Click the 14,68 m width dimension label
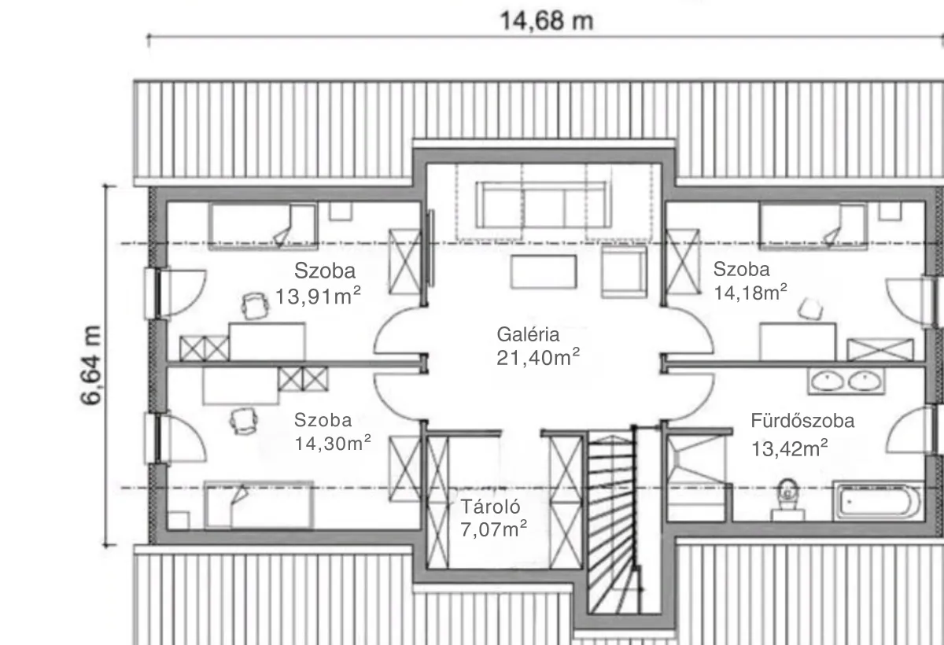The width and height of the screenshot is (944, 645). coord(547,21)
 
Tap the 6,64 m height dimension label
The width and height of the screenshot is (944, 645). coord(91,365)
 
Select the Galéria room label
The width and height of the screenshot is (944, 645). coord(528,334)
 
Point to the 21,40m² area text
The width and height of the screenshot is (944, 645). coord(538,357)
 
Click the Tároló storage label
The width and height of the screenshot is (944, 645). coord(491,507)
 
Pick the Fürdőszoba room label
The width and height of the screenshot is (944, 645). coord(802,421)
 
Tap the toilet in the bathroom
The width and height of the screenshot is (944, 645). coord(787,500)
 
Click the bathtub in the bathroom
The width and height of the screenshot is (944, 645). coord(878,501)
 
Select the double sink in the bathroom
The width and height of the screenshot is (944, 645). coord(846,381)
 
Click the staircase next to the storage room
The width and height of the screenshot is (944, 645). coord(611,522)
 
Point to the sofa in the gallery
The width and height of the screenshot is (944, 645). coord(544,205)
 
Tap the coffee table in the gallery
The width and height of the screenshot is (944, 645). coord(544,271)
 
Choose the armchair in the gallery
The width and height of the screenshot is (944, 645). coord(624,271)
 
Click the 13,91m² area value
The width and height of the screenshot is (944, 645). coord(318,296)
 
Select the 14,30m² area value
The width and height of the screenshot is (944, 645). coord(333,443)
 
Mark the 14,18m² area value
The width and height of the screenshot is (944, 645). coord(750,293)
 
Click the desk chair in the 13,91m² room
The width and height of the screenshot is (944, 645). coord(256,306)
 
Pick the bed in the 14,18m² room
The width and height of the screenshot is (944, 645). coord(813,227)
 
